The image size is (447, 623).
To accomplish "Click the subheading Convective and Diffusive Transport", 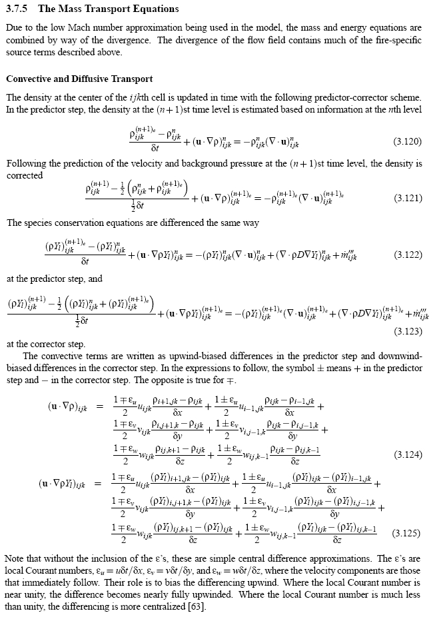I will pyautogui.click(x=80, y=79).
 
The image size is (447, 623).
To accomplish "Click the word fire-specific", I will pyautogui.click(x=399, y=41).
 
